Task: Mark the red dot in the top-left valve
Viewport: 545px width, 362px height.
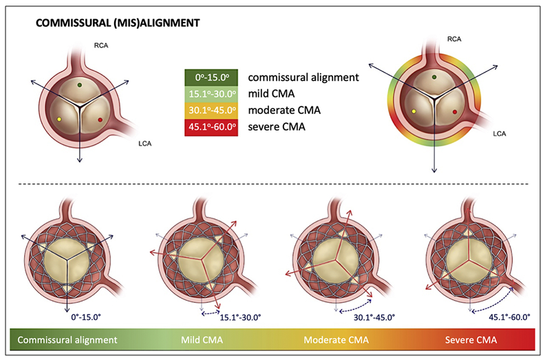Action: coord(100,120)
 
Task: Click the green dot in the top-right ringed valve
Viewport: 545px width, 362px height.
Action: coord(434,78)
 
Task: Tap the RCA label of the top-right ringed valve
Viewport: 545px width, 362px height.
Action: coord(453,40)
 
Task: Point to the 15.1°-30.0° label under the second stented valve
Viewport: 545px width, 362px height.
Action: coord(241,317)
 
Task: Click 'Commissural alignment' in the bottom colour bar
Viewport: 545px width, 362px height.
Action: coord(67,340)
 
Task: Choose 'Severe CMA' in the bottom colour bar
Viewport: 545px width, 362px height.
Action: coord(471,340)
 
